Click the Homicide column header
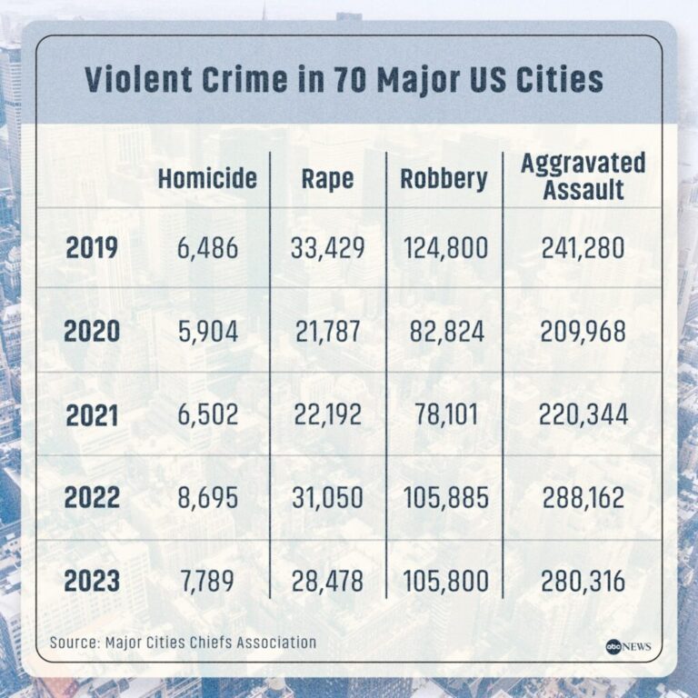pos(207,177)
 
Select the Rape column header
pos(327,177)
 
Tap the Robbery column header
pos(444,177)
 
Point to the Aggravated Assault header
pos(583,176)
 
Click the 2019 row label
pos(92,248)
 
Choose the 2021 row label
pos(92,414)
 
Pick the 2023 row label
pos(92,581)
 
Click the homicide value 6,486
pos(207,248)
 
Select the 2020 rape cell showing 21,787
pos(327,332)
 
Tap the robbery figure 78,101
pos(444,414)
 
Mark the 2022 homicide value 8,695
pos(207,498)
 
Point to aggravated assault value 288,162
pos(583,498)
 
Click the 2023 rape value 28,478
pos(327,581)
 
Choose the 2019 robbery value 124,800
pos(444,248)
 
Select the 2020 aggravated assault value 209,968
pos(583,332)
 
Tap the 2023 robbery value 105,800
pos(444,581)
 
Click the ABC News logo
pos(626,646)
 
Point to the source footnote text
pos(183,643)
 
